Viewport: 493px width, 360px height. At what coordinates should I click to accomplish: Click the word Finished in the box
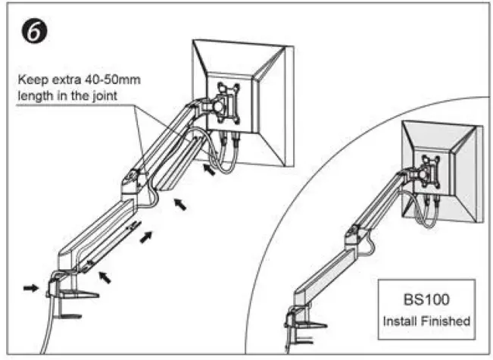point(447,321)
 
